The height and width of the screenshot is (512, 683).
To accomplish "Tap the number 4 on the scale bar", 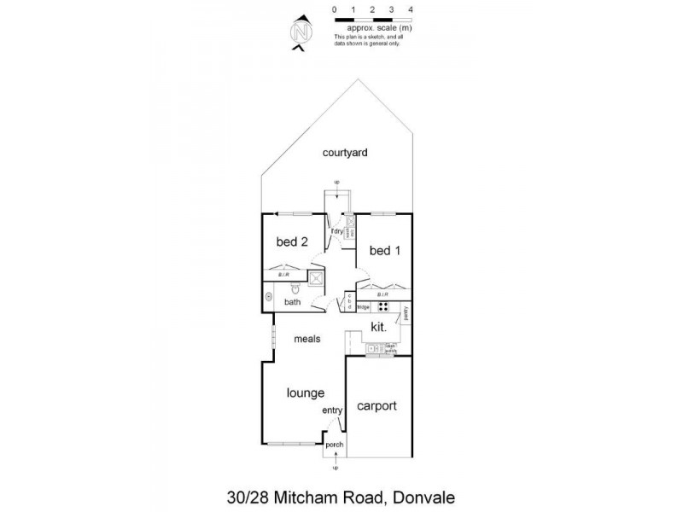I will coord(412,9).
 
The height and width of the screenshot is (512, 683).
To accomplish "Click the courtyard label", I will coord(345,153).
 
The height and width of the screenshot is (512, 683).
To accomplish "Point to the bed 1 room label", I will coord(384,251).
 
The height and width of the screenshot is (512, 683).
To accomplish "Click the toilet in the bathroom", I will coord(292,289).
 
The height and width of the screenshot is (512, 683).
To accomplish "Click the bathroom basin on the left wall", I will coord(269,298).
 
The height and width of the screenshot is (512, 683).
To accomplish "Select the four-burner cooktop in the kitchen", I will coord(383,307).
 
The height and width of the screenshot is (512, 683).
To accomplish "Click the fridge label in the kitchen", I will coord(363,307).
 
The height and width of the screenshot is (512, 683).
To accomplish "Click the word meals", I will coord(307,339).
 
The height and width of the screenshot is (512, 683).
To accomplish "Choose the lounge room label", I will coord(306,393).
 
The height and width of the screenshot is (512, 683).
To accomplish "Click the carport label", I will coord(377,406).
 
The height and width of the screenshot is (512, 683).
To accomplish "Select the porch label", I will coord(336,444).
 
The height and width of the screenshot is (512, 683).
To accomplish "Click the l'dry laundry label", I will coord(337,232).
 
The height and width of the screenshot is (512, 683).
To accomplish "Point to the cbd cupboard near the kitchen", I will coord(349,303).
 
